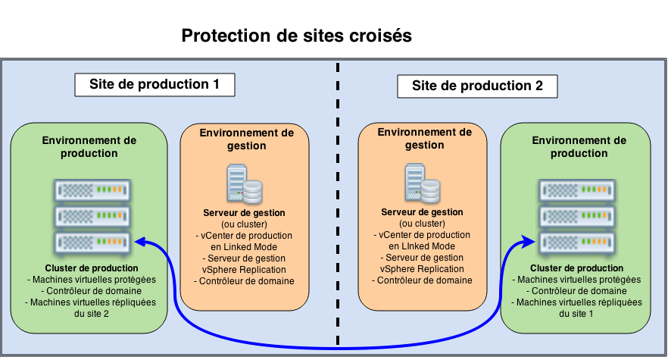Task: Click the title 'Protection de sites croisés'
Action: click(x=296, y=36)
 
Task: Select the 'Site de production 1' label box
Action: click(x=155, y=84)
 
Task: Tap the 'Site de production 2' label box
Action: click(x=477, y=86)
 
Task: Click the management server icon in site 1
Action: click(x=245, y=184)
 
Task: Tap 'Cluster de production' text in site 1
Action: click(x=92, y=268)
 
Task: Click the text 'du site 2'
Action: click(x=92, y=314)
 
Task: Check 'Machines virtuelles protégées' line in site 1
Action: click(x=92, y=279)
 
